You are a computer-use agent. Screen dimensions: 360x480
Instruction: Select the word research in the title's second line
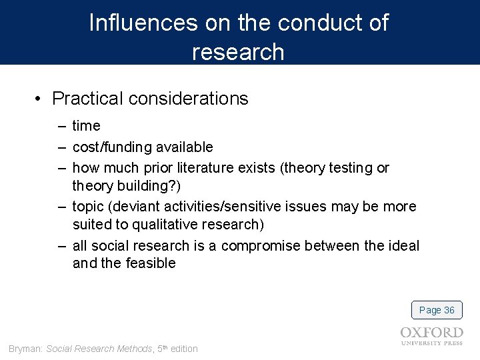(x=238, y=51)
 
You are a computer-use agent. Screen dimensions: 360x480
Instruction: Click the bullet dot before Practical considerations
(x=40, y=99)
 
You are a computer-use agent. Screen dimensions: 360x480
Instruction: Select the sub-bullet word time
(x=86, y=125)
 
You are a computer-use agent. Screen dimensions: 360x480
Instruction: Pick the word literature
(x=213, y=167)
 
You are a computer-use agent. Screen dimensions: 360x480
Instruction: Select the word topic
(x=89, y=207)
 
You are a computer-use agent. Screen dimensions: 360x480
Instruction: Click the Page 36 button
(x=437, y=310)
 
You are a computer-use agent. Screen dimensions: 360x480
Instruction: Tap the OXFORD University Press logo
(x=431, y=335)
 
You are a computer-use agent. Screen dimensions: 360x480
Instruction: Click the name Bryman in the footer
(x=25, y=349)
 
